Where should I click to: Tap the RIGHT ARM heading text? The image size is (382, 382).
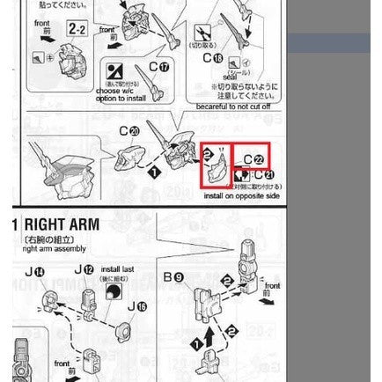click(62, 224)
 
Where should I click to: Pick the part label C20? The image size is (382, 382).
click(129, 129)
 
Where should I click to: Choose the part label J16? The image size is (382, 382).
click(136, 306)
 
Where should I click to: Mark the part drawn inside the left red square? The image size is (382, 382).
click(215, 165)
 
